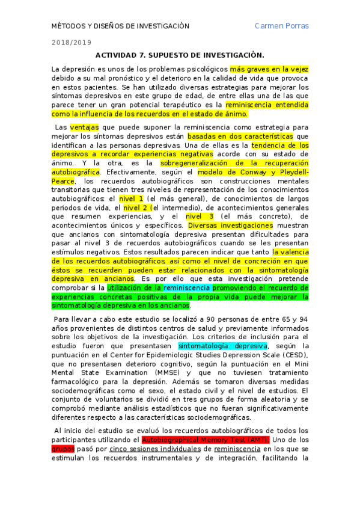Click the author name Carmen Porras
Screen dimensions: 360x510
tap(281, 26)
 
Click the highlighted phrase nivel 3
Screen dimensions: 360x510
tap(200, 216)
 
